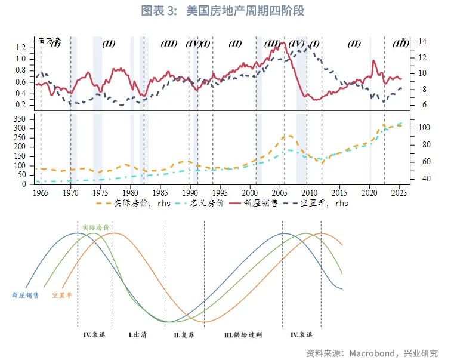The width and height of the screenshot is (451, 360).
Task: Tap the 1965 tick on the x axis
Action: click(x=41, y=193)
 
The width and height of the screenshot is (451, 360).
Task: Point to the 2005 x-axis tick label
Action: click(x=280, y=193)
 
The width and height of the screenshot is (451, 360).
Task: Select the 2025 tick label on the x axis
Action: click(x=400, y=193)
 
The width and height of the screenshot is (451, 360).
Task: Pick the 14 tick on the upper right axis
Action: click(x=422, y=41)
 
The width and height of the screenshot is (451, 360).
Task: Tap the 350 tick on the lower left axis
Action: click(x=19, y=119)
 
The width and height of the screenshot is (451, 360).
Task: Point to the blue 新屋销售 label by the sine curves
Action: click(x=25, y=295)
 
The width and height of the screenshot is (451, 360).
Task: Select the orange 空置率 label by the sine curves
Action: click(x=62, y=295)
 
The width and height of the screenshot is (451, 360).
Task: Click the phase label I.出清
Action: click(x=138, y=335)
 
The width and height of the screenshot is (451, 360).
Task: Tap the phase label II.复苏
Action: click(x=184, y=335)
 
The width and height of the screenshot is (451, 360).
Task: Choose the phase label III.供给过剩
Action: click(x=243, y=335)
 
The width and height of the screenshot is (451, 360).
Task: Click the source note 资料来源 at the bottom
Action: click(x=372, y=352)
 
